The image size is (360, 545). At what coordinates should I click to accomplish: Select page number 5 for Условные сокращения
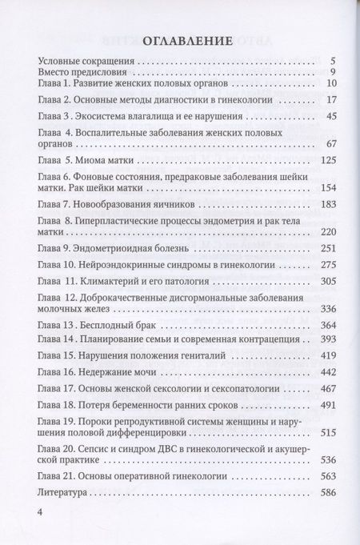[330, 59]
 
